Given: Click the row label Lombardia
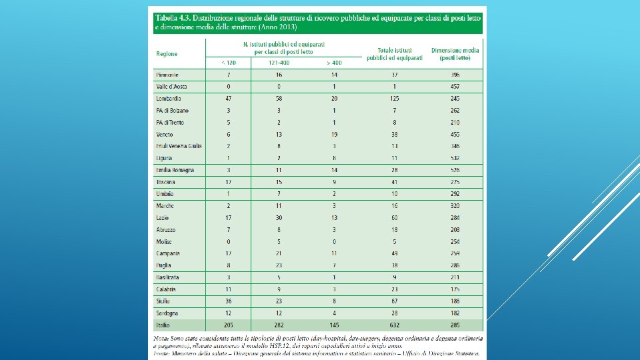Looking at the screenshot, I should [168, 99].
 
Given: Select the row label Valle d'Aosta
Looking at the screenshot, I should [172, 87].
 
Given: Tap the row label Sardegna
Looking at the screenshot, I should [167, 313].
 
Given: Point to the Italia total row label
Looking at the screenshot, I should [163, 325].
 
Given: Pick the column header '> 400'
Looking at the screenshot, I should [334, 63].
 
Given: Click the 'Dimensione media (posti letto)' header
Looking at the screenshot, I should [455, 54].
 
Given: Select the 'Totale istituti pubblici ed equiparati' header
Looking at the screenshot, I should [394, 54].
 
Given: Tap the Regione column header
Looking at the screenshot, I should [167, 54].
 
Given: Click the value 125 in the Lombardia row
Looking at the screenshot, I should [395, 99].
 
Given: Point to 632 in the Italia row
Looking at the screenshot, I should [395, 325].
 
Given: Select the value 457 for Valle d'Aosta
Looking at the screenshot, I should [455, 87].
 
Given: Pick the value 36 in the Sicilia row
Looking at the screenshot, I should [229, 301].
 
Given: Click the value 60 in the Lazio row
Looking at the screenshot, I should [395, 218].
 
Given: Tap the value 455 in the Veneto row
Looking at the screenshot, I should [455, 135].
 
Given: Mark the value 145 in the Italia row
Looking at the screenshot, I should [334, 325].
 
